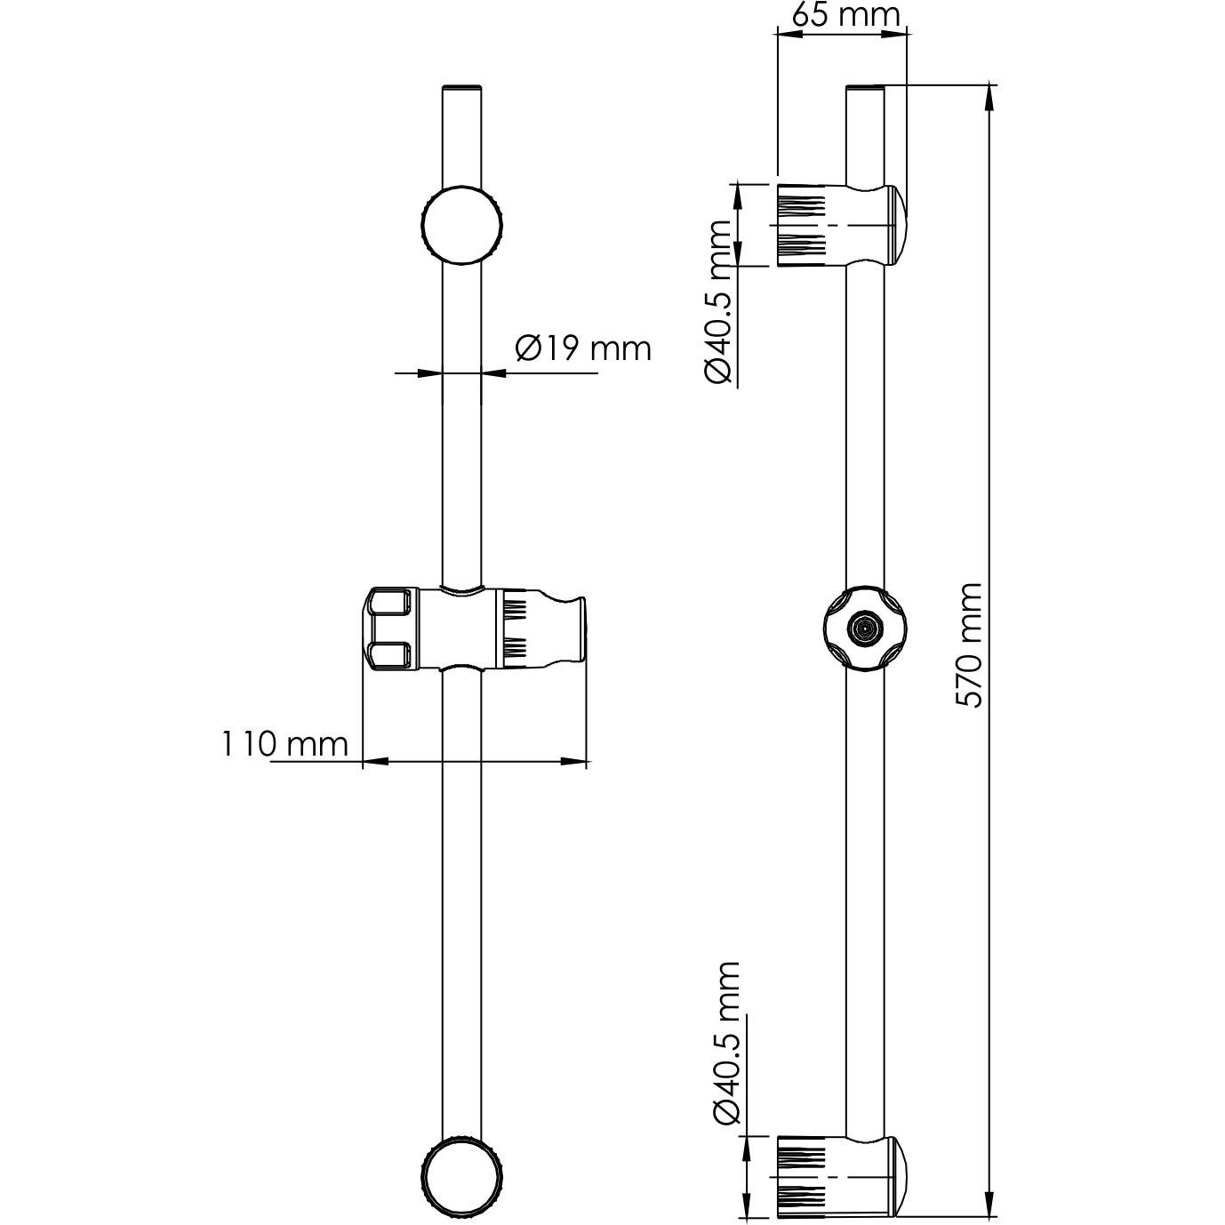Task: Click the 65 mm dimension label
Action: point(845,16)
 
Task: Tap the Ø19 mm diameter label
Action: point(583,348)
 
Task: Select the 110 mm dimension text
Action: point(284,744)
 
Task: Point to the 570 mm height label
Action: point(969,645)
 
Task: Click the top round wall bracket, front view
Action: point(461,224)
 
